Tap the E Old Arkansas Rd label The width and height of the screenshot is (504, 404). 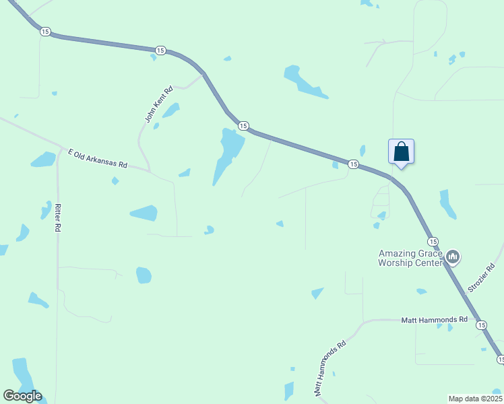click(97, 159)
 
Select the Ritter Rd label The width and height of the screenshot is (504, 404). click(58, 217)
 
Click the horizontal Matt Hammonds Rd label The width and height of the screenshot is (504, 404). click(434, 319)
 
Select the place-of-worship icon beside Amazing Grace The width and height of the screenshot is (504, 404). click(453, 257)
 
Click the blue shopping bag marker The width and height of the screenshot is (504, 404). click(401, 151)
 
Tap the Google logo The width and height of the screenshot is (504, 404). click(22, 396)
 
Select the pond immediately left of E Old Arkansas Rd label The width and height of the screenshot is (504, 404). click(44, 160)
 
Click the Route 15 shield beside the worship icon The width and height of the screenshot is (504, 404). click(433, 241)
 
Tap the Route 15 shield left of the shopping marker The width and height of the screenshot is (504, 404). click(353, 164)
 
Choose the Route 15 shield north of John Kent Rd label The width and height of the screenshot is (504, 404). click(160, 50)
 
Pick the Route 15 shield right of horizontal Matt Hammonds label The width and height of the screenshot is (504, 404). click(480, 325)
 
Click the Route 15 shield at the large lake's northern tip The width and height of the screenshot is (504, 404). click(243, 126)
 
